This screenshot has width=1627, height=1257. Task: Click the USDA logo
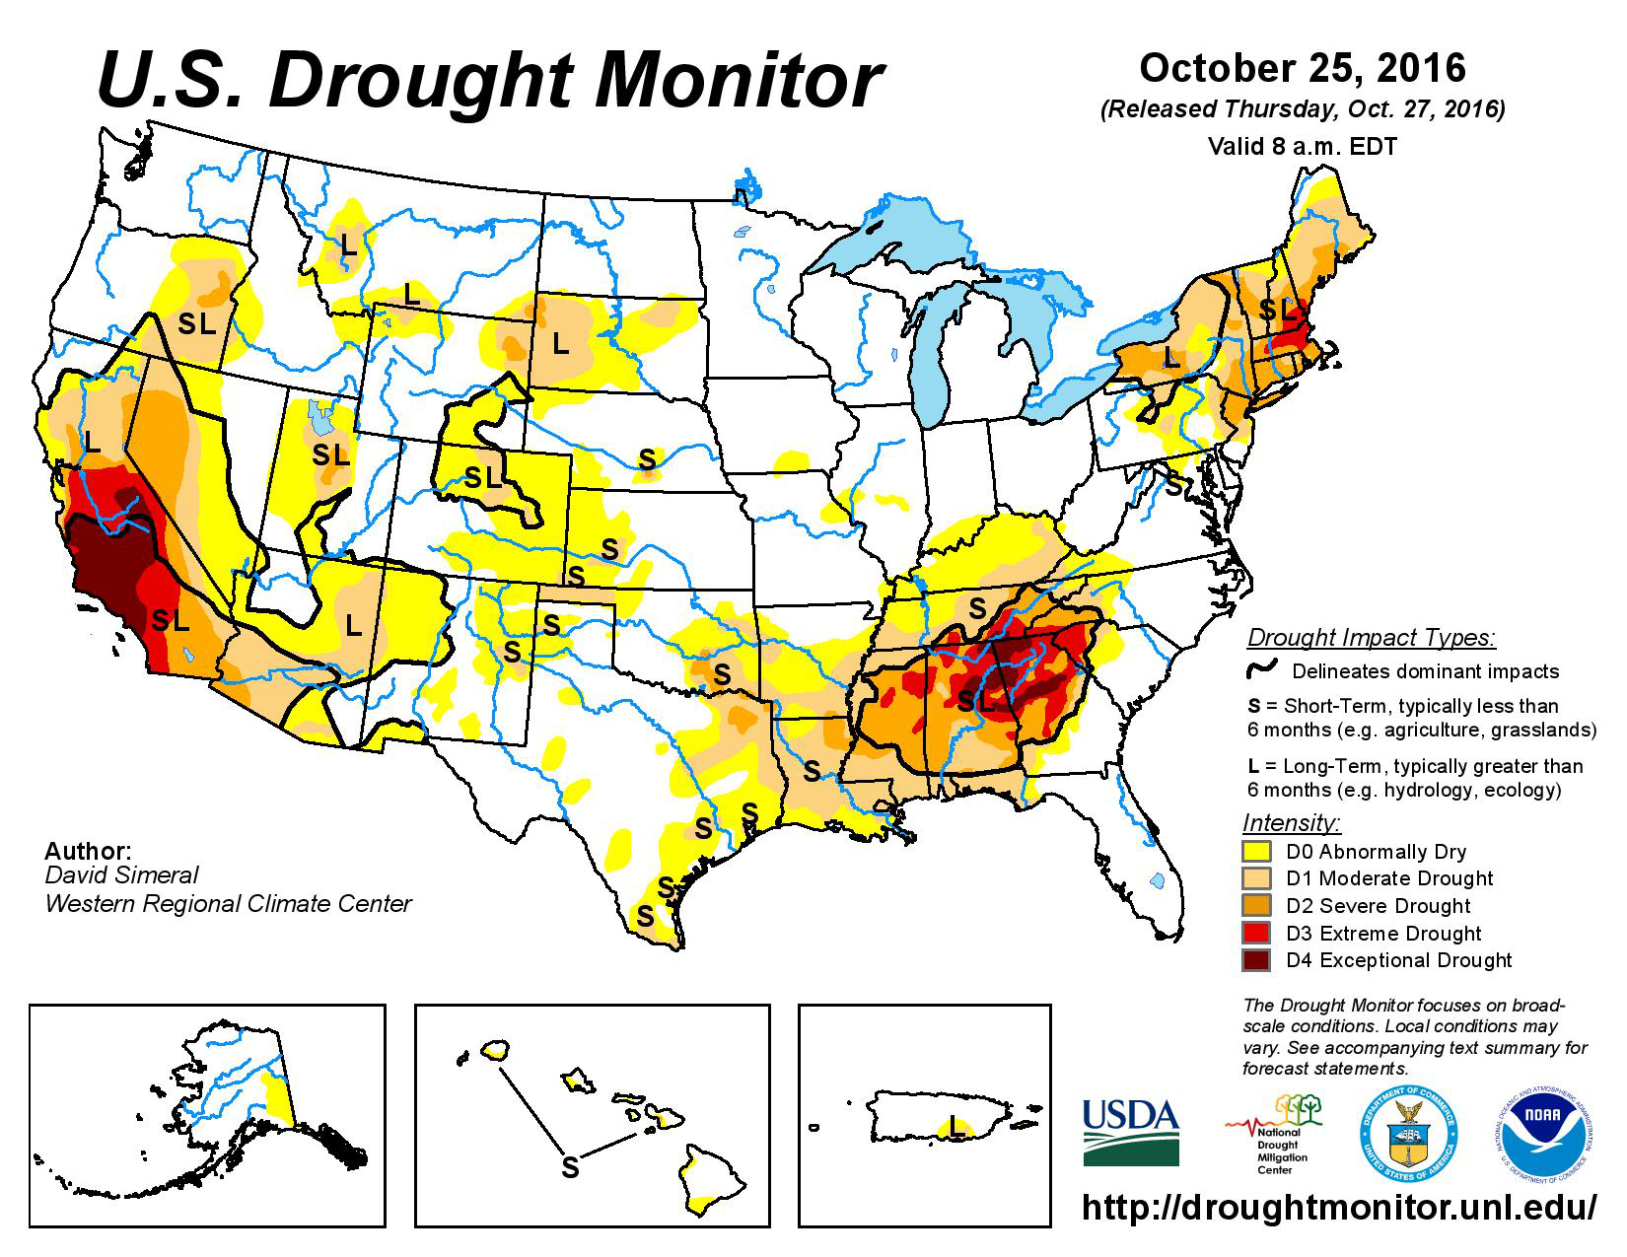click(x=1130, y=1132)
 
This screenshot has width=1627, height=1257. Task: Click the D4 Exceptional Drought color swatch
click(x=1255, y=959)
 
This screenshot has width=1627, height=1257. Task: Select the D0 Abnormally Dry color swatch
click(x=1255, y=850)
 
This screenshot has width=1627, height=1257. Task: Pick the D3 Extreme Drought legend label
click(x=1383, y=933)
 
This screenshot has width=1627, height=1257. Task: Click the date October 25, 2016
click(x=1303, y=68)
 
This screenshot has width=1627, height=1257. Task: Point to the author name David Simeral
click(x=121, y=875)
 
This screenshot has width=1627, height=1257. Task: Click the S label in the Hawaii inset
click(x=570, y=1167)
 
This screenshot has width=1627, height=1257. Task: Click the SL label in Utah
click(x=331, y=455)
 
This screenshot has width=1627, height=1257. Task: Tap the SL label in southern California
click(x=170, y=620)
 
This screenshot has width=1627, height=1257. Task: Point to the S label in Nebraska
click(x=647, y=458)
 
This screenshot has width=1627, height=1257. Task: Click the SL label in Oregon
click(x=196, y=323)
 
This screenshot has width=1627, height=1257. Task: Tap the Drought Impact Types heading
click(x=1372, y=637)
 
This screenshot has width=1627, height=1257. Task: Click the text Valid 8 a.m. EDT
click(x=1302, y=147)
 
